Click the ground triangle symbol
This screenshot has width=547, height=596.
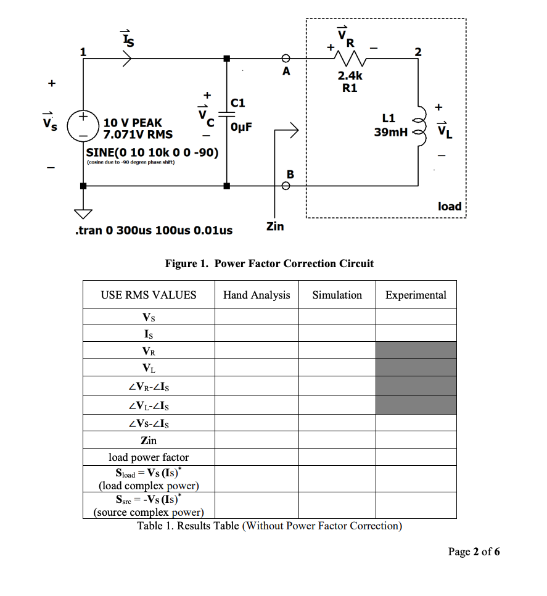tap(82, 213)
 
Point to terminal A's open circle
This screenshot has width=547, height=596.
tap(286, 59)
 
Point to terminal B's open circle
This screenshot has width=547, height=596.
tap(286, 185)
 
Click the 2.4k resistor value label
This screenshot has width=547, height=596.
tap(350, 76)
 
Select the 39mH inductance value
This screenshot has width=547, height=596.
tap(389, 132)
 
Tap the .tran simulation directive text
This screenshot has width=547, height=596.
tap(153, 230)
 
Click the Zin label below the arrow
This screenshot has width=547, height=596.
tap(274, 226)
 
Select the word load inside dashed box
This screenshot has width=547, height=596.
tap(450, 206)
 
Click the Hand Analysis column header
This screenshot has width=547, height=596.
tap(257, 295)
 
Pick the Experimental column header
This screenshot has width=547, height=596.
tap(416, 295)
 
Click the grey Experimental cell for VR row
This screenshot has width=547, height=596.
tap(416, 350)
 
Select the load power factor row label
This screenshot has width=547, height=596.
tap(149, 457)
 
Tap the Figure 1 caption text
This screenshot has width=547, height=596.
tap(269, 263)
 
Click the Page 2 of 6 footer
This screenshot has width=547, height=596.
tap(474, 552)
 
